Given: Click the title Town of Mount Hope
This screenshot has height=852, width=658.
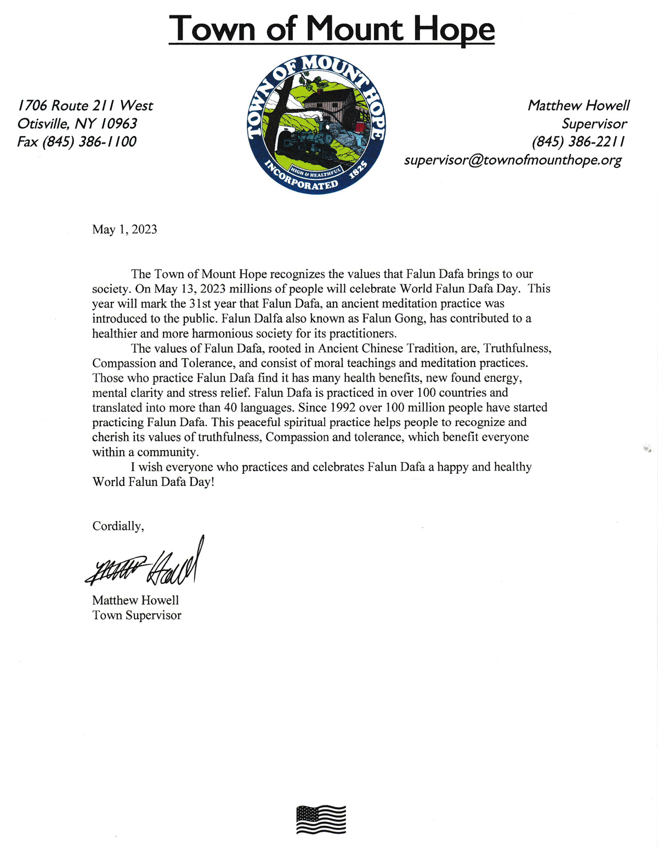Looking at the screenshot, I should pos(331,28).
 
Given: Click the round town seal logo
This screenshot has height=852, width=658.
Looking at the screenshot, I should pos(316,124).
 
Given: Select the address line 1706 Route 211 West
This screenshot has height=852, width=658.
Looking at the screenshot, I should pos(85,105).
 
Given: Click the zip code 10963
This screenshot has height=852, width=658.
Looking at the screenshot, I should pos(118,123).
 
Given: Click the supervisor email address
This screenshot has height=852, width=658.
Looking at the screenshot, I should pos(513,160).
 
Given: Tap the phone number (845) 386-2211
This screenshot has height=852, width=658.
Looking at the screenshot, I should pos(578,142).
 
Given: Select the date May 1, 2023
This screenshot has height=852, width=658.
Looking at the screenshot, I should pos(124,229).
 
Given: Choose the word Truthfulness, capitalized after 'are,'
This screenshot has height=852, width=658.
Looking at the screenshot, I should pos(517,348).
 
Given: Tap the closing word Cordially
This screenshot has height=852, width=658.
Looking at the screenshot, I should pos(117,526).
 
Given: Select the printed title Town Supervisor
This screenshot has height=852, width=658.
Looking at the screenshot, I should pos(137,616).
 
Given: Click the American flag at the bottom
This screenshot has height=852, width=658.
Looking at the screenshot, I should pos(321,820).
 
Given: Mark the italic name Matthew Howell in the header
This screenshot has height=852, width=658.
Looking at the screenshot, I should pos(578,105).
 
